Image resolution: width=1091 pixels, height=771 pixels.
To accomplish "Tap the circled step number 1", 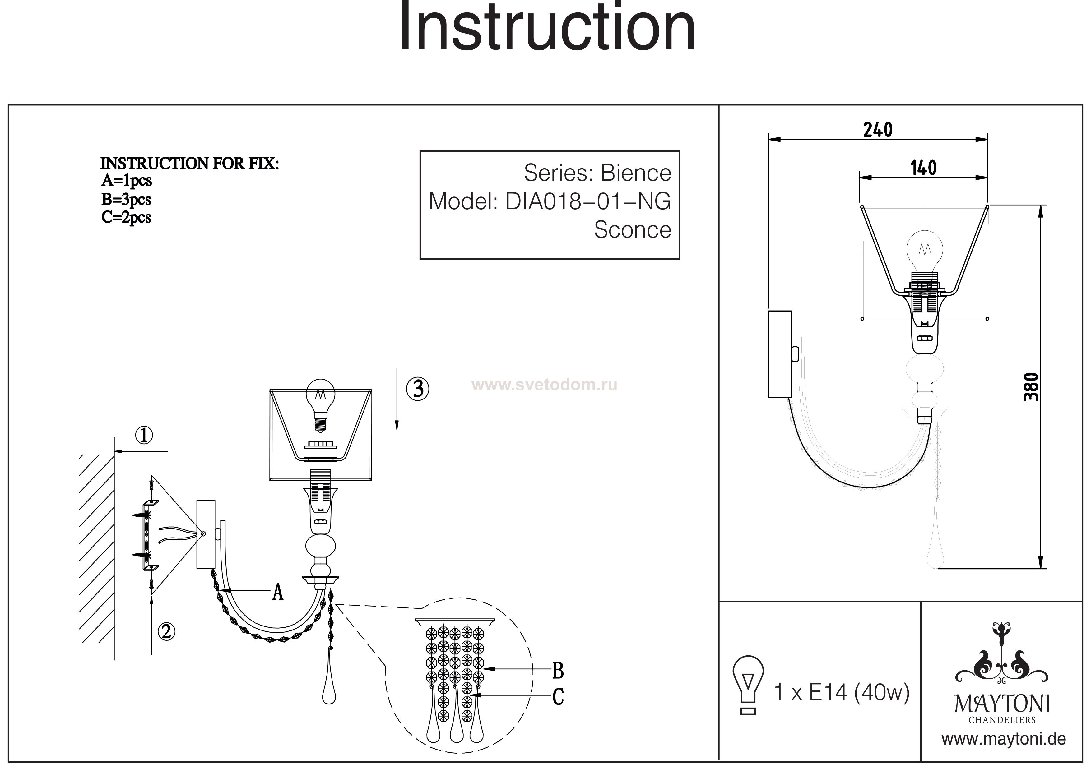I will coord(144,435).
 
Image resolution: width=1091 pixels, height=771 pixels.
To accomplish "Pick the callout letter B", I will coord(558,671).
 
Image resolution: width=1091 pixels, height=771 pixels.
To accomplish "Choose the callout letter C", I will coord(558,697).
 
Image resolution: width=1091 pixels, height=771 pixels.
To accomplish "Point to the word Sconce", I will coord(633,230).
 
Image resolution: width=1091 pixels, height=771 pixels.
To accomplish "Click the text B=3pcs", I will coord(126,200).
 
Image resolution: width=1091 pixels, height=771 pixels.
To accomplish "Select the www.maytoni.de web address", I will coord(1004,739).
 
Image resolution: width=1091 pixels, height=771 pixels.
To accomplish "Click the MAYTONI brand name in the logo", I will coord(1002,704).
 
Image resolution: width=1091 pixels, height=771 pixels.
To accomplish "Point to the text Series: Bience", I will coord(597,173).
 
